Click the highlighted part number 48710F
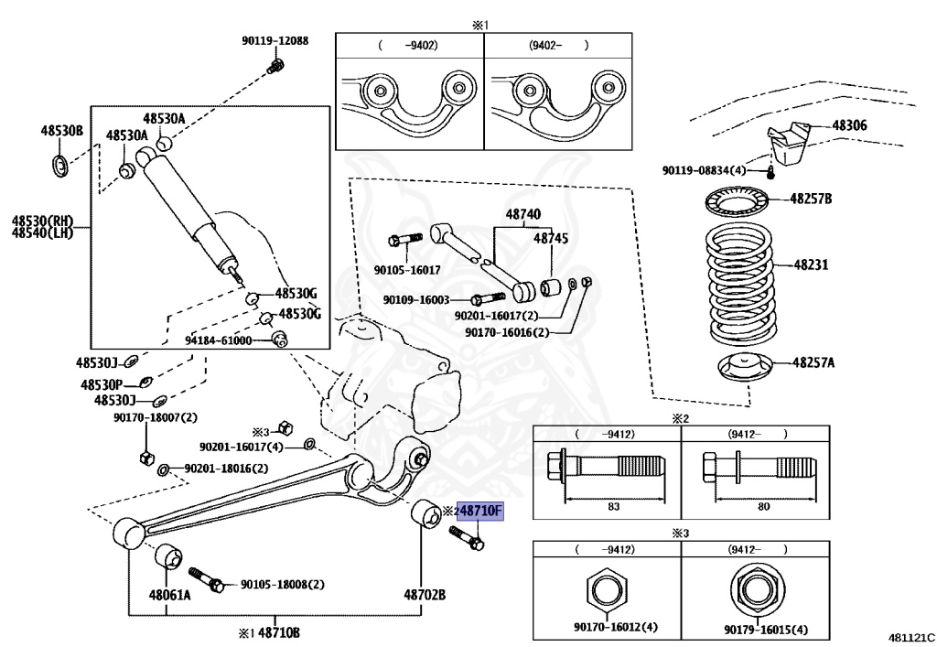481,511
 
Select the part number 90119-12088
275,41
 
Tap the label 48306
850,125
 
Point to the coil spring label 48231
811,265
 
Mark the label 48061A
171,595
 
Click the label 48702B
426,595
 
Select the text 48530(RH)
42,221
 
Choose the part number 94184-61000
218,340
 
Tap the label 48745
551,238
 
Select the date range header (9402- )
557,45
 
